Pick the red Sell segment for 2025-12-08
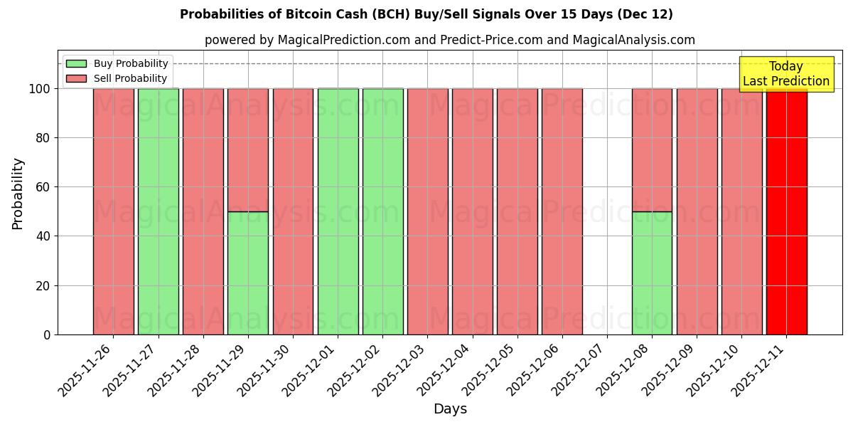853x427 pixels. coord(652,149)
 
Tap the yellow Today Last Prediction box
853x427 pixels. coord(785,74)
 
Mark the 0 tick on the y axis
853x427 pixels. coord(47,334)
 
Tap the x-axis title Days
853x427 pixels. coord(450,409)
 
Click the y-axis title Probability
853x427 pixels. coord(18,194)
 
